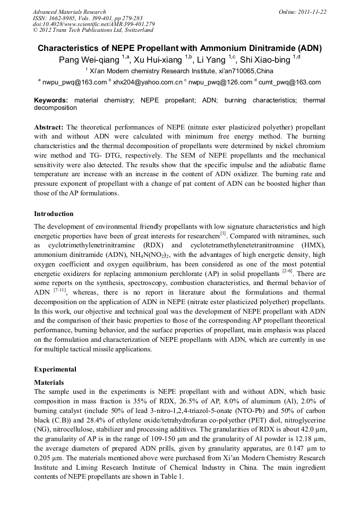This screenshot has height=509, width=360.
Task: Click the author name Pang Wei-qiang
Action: tap(89, 60)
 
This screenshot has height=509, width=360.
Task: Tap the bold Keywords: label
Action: tap(51, 100)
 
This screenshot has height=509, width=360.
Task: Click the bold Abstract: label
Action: tap(49, 128)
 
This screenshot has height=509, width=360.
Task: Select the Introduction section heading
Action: tap(54, 214)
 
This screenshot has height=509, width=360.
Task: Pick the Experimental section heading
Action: tap(55, 369)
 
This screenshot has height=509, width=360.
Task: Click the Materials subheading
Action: tap(49, 382)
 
